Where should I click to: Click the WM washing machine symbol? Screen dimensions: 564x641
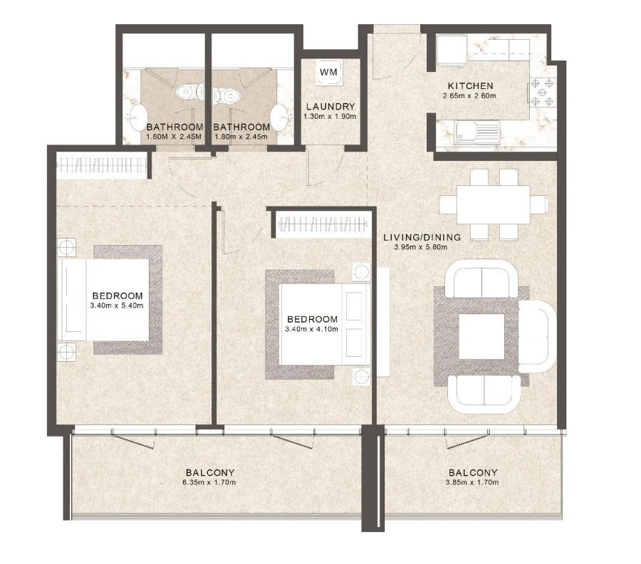pyautogui.click(x=328, y=73)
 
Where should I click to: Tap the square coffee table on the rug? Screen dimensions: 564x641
pyautogui.click(x=481, y=336)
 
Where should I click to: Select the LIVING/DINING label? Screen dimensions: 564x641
pyautogui.click(x=422, y=237)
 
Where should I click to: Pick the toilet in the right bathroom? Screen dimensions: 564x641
pyautogui.click(x=227, y=93)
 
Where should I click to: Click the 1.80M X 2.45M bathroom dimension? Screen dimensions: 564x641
pyautogui.click(x=174, y=137)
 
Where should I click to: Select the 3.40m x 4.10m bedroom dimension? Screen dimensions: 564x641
pyautogui.click(x=312, y=329)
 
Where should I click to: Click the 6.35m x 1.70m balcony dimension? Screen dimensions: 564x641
pyautogui.click(x=209, y=482)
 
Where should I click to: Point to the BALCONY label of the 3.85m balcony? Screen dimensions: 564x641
pyautogui.click(x=473, y=472)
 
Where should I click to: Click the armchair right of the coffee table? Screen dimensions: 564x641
pyautogui.click(x=536, y=336)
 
